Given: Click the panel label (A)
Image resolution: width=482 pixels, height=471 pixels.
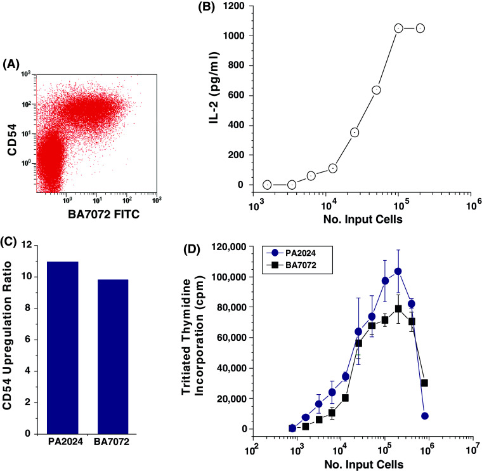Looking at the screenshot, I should point(13,64).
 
